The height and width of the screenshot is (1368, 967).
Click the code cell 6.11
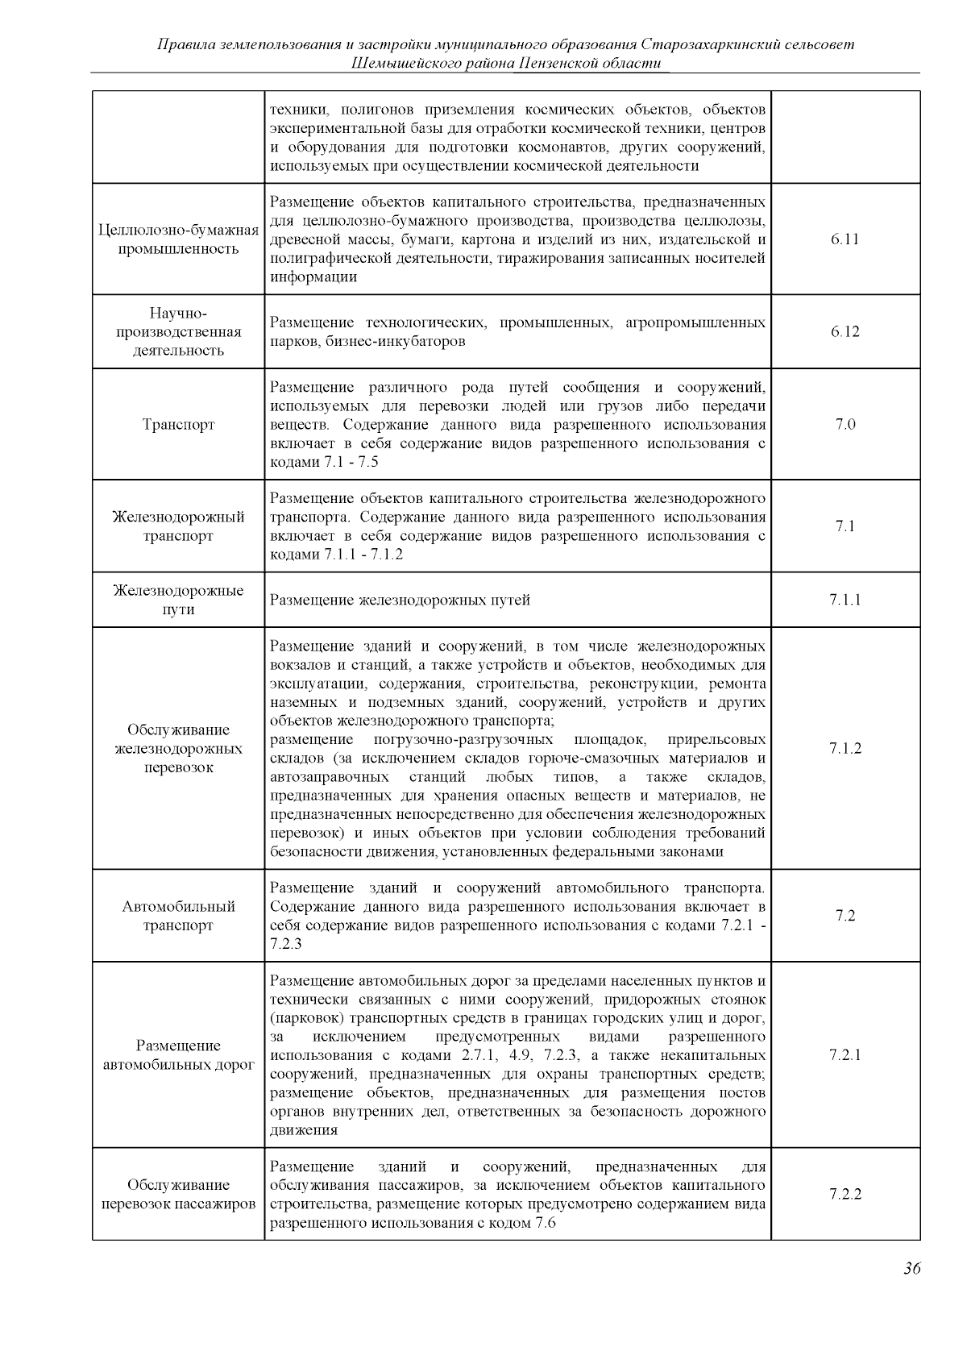[845, 239]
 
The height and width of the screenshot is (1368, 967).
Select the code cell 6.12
[845, 331]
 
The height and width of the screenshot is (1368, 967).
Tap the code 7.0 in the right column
[845, 424]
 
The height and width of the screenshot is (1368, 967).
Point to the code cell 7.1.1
[845, 600]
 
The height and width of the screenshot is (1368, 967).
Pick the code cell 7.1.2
[845, 748]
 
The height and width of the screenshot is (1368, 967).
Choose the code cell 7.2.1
[845, 1054]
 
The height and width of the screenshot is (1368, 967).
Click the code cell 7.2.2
[845, 1194]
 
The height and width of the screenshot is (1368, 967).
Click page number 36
[911, 1269]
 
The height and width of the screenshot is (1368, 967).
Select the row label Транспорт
[178, 424]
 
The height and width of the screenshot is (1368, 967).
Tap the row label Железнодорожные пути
[178, 600]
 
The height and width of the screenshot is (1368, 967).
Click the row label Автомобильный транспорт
[178, 916]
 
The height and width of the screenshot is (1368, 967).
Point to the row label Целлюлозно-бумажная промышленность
[178, 239]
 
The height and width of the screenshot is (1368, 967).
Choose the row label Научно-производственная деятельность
[178, 331]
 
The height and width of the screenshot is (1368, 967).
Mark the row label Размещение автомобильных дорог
[178, 1054]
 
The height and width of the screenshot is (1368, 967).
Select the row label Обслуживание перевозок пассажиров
[178, 1194]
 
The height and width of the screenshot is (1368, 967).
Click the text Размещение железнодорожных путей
[400, 600]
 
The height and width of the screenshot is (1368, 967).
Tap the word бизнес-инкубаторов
[396, 341]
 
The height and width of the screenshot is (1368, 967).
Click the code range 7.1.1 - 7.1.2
[363, 555]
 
